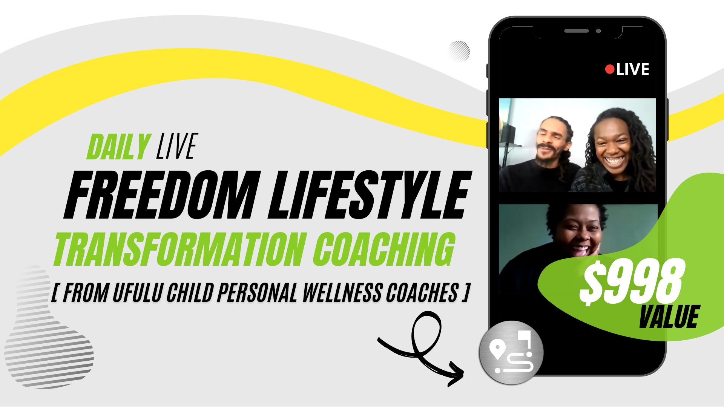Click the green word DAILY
pos(119,147)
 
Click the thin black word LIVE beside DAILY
pos(177,146)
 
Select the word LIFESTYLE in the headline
pos(370,195)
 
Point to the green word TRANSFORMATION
pos(180,249)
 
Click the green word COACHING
pos(384,249)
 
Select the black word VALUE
pos(669,317)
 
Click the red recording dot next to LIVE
pos(610,69)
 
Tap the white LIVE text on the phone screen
pos(633,69)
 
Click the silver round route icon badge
pos(511,353)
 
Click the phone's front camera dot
pos(598,31)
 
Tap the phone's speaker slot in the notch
pos(576,31)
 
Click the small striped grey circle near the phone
pos(459,51)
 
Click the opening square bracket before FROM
pos(55,293)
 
